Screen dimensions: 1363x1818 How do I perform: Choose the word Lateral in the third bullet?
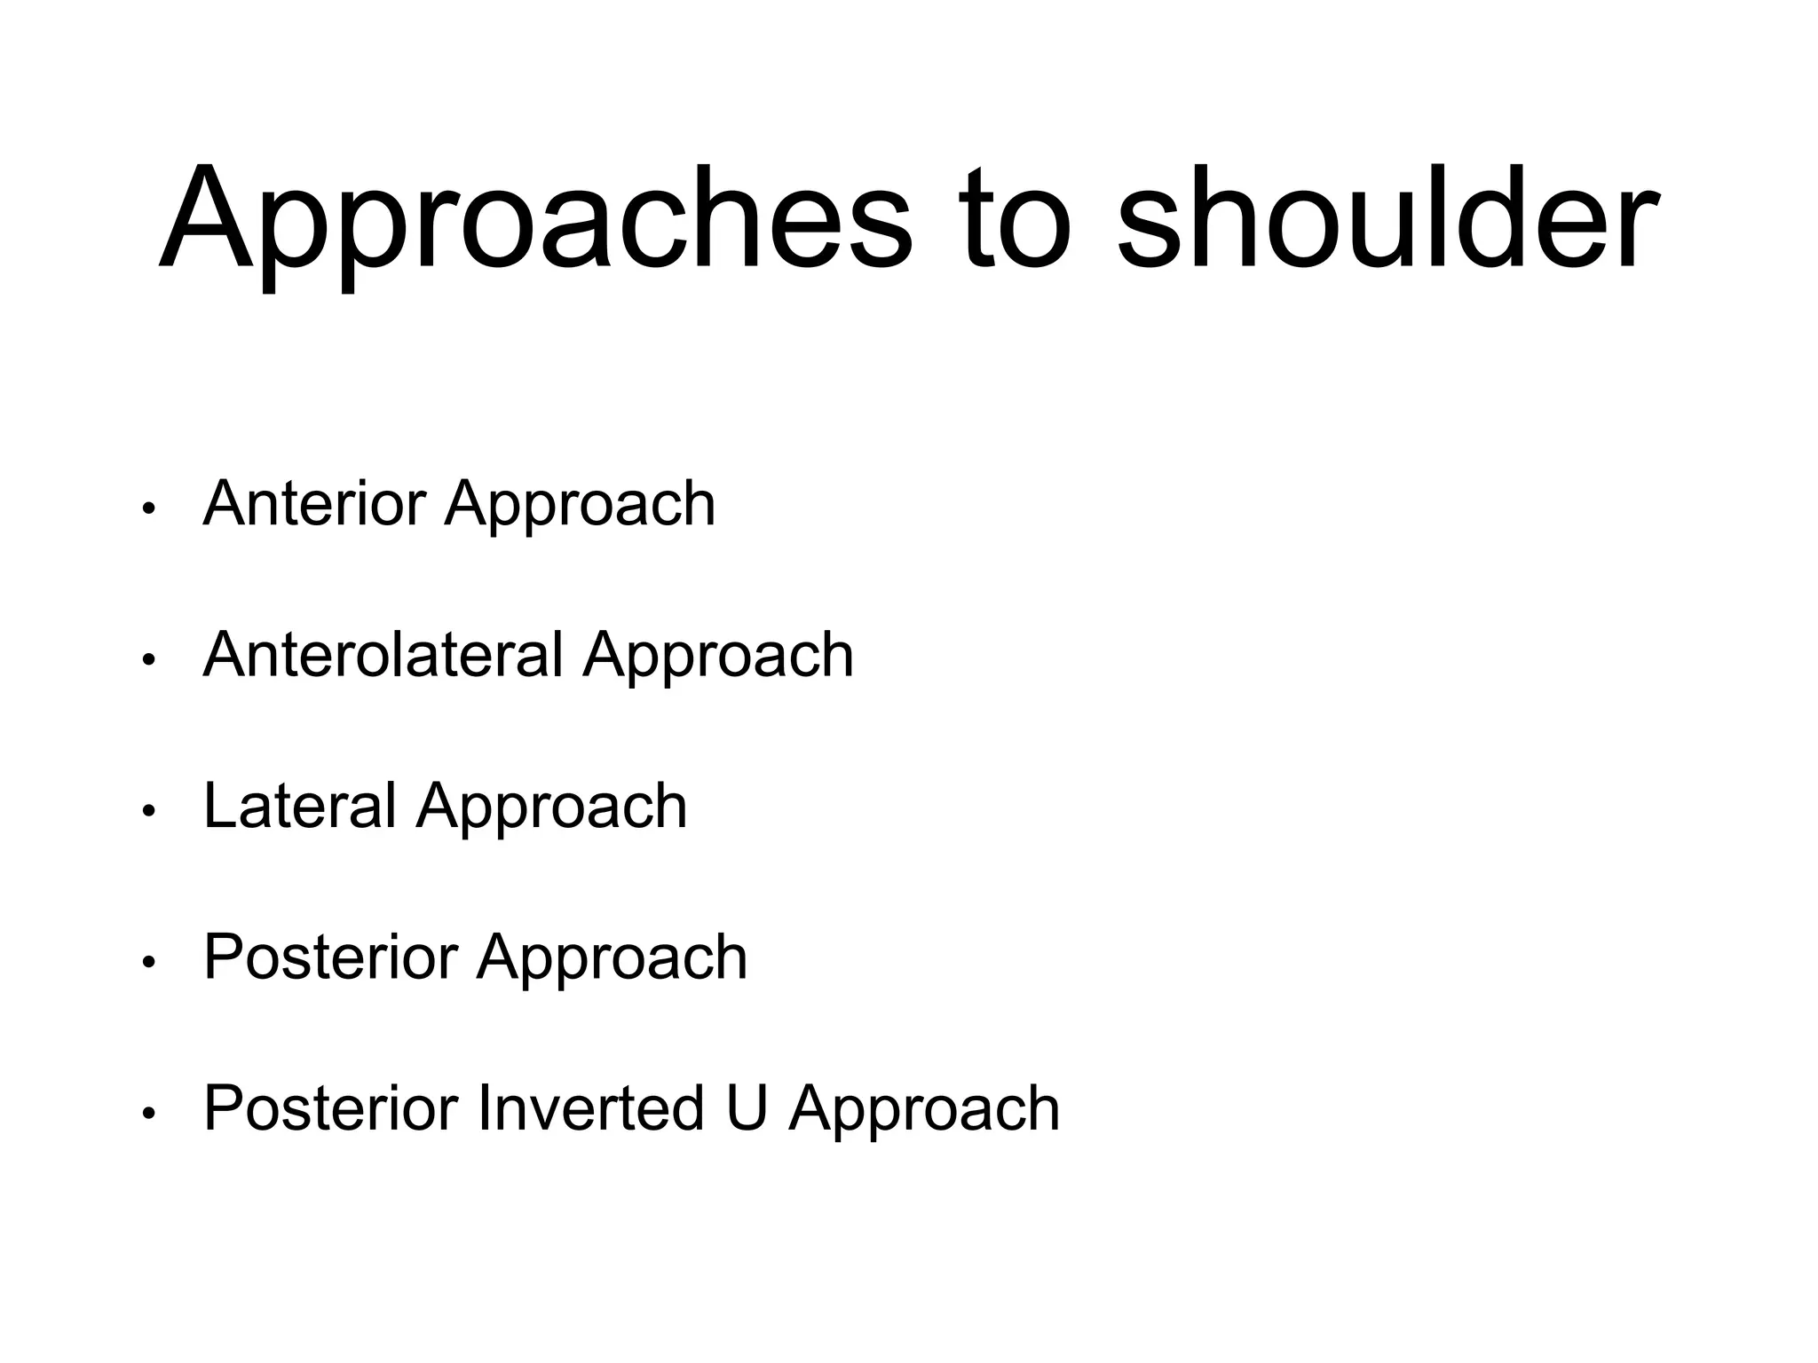point(299,806)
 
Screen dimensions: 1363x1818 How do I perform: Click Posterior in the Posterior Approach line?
point(330,957)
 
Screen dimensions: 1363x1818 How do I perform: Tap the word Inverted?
point(590,1107)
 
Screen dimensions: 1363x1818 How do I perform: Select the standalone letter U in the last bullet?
point(746,1107)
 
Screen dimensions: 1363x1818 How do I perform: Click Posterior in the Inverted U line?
point(330,1107)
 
